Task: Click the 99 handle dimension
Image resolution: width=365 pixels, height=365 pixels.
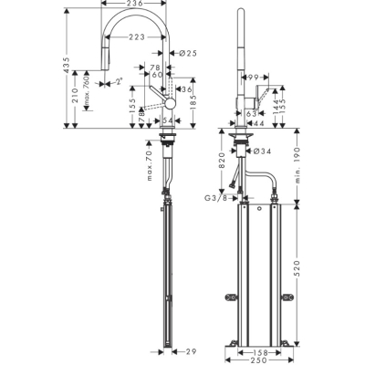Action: [x=256, y=79]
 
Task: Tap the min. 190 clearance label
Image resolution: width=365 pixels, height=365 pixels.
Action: [x=296, y=163]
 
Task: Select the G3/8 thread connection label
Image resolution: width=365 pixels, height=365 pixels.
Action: [x=215, y=199]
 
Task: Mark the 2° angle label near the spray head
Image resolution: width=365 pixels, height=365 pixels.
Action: [x=119, y=81]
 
